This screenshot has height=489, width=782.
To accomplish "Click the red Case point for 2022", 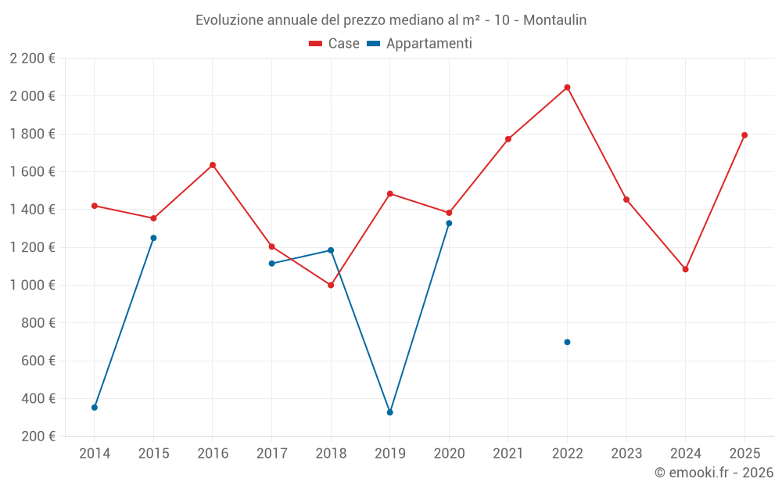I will (x=567, y=87).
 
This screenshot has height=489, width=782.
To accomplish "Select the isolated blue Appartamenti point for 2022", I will (x=567, y=342).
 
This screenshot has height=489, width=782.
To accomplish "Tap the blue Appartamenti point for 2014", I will (x=95, y=407).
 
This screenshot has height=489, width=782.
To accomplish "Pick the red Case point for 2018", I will (x=331, y=285).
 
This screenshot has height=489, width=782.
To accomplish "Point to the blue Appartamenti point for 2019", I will (x=389, y=412).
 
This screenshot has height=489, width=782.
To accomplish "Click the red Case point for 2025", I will (x=744, y=135).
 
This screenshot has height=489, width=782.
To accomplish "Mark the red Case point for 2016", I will (x=213, y=165).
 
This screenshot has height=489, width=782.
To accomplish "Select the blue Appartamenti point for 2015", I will (x=153, y=238).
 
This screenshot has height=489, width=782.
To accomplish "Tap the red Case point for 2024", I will (x=685, y=269).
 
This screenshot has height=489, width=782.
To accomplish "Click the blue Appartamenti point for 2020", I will (x=449, y=223).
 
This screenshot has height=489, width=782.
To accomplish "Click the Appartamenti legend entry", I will (x=429, y=44).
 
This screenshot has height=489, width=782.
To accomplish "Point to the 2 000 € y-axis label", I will (x=32, y=96).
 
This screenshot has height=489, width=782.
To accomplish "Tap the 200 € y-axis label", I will (x=38, y=437).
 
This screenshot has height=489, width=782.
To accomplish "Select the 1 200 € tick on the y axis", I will (x=32, y=247).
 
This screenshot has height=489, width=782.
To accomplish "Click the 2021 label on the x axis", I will (x=508, y=454).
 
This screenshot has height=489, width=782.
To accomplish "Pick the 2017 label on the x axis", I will (x=271, y=454).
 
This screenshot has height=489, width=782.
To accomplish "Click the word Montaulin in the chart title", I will (x=554, y=20).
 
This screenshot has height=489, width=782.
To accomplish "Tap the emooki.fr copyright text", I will (x=713, y=473).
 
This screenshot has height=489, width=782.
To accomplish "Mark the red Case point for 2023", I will (x=626, y=200).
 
